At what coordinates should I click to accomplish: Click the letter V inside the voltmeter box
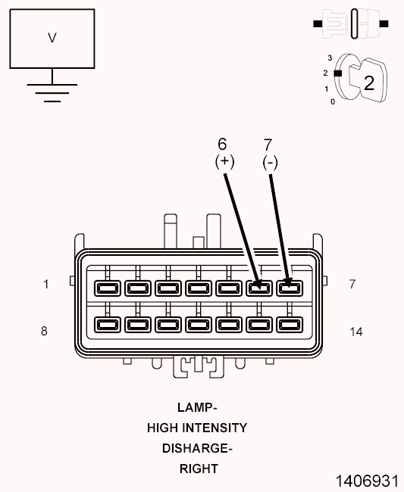pos(52,38)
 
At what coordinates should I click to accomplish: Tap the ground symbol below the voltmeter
pos(52,93)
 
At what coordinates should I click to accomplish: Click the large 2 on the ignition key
pos(369,83)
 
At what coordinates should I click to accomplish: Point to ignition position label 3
pos(330,58)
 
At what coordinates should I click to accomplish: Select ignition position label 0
pos(333,101)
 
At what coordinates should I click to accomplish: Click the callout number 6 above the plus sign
pos(222,144)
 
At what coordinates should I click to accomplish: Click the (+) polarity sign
pos(224,161)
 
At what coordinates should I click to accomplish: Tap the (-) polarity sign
pos(270,163)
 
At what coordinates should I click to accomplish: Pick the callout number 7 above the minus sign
pos(268,145)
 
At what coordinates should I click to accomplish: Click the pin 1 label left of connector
pos(46,285)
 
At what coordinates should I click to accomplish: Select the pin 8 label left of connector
pos(44,331)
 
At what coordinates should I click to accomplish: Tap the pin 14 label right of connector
pos(356,332)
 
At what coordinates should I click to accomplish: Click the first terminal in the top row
pos(108,288)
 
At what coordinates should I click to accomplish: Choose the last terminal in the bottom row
pos(290,325)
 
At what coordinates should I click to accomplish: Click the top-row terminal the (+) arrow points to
pos(259,288)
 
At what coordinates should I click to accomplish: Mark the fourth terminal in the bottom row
pos(199,325)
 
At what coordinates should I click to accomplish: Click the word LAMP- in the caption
pos(197,407)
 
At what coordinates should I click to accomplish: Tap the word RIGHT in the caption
pos(199,469)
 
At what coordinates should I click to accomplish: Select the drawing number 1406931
pos(367,481)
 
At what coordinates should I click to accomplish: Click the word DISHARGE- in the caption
pos(197,448)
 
